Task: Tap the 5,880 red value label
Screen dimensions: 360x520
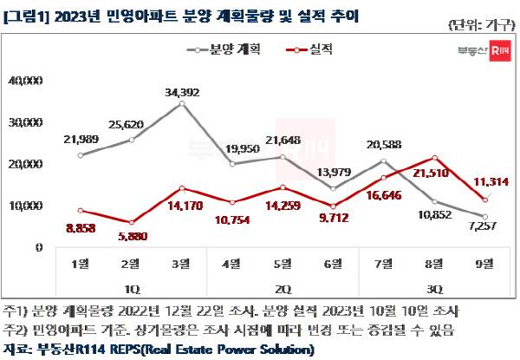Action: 131,235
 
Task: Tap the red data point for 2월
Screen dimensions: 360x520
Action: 131,223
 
